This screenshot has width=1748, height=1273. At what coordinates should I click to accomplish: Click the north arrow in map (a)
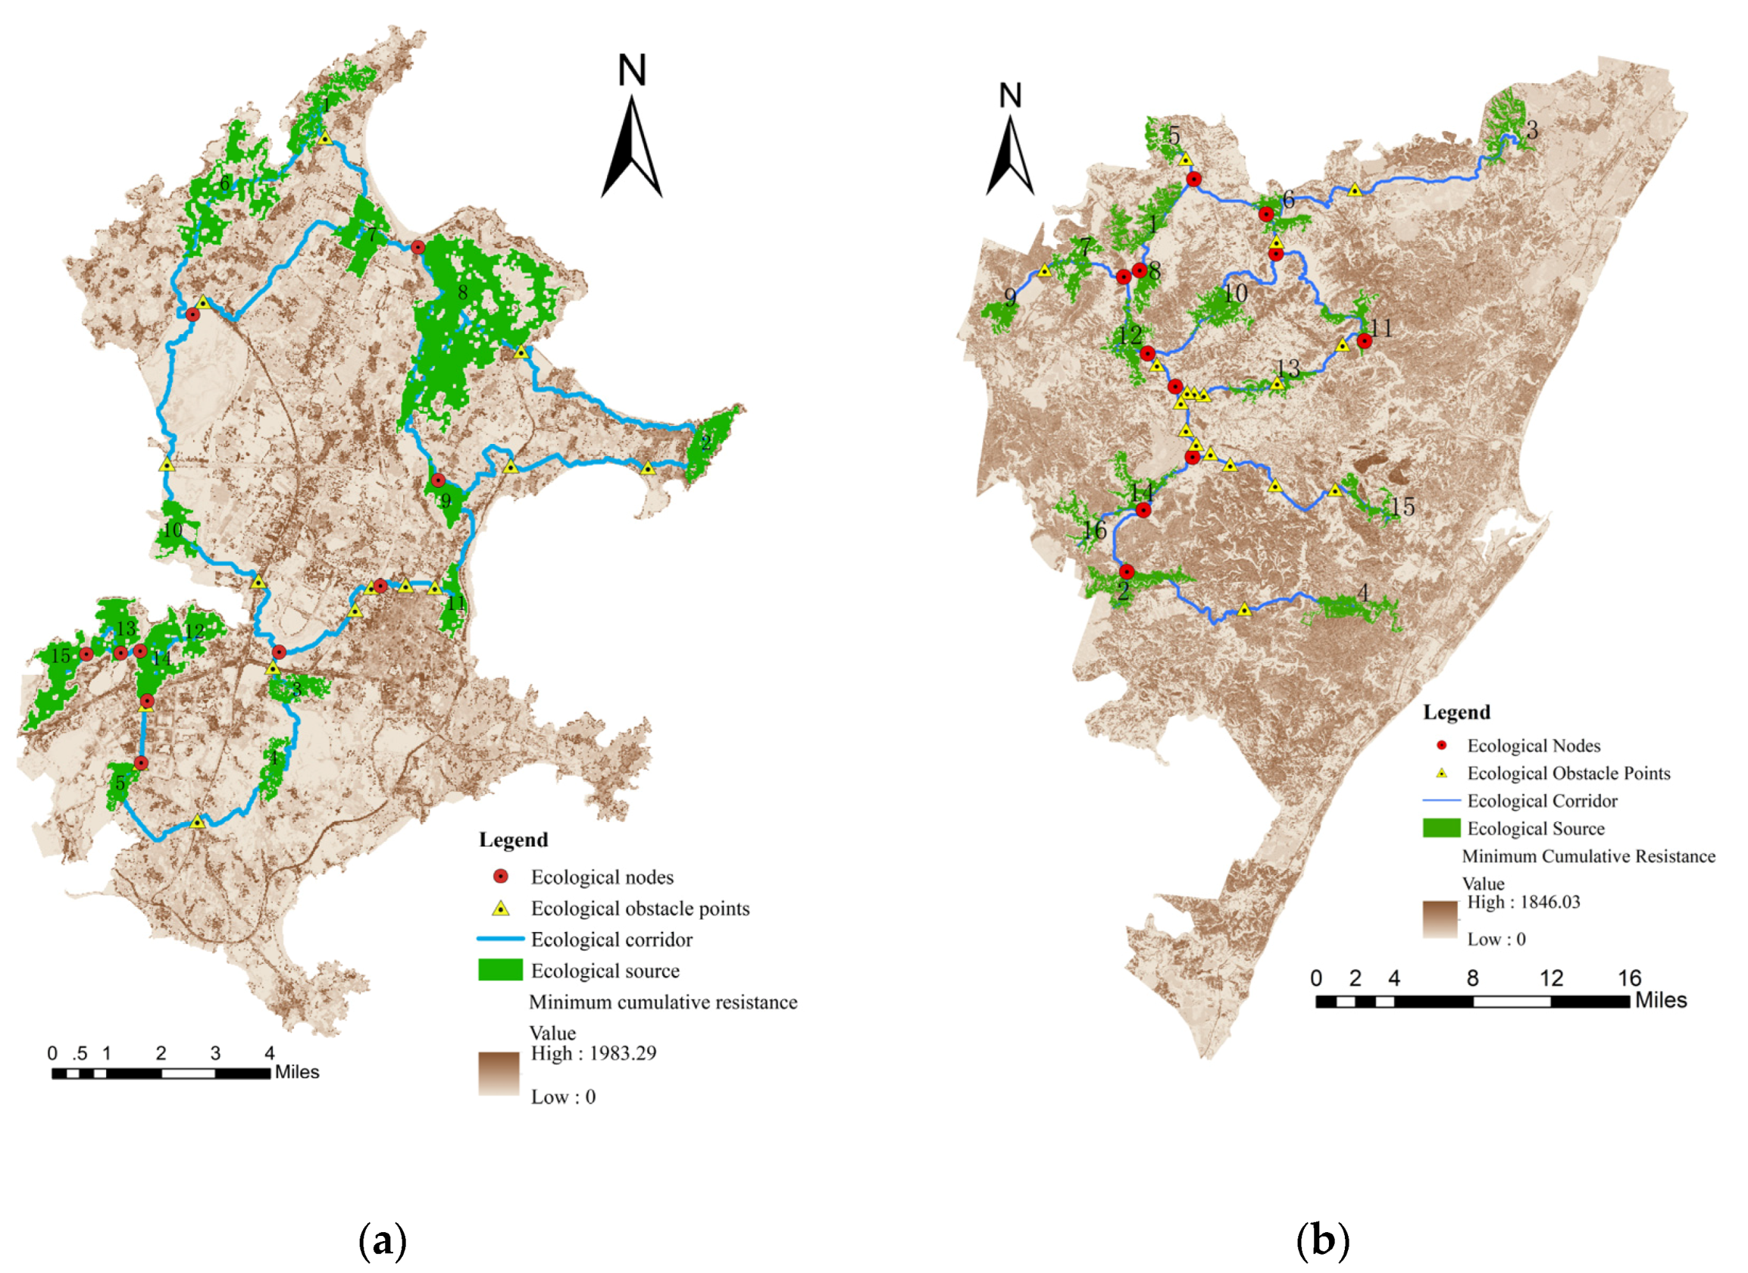[x=631, y=127]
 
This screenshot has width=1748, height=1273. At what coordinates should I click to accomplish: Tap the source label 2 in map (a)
[x=706, y=443]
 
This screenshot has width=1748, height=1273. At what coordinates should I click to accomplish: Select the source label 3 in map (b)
[x=1532, y=131]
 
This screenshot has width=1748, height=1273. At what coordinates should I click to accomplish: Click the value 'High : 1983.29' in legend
[x=593, y=1053]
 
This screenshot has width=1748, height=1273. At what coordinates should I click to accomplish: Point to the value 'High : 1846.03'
[x=1523, y=902]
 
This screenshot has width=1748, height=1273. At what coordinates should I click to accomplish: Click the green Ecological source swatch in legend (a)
[x=500, y=970]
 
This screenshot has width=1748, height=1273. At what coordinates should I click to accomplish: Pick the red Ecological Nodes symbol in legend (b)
[x=1441, y=746]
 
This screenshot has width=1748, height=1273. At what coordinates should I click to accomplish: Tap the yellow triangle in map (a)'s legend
[x=501, y=909]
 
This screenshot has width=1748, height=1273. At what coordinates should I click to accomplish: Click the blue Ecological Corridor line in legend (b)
[x=1441, y=802]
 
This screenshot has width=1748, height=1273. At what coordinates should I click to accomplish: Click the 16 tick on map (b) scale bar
[x=1629, y=979]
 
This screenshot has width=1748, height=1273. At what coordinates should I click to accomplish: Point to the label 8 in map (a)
[x=462, y=292]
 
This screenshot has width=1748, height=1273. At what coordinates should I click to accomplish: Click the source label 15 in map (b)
[x=1402, y=507]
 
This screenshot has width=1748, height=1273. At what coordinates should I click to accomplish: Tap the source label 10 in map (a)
[x=173, y=530]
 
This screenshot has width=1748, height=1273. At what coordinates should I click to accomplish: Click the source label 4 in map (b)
[x=1363, y=593]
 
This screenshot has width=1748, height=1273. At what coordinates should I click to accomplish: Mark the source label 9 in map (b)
[x=1011, y=297]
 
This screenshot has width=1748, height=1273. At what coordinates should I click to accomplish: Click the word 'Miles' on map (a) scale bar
[x=297, y=1073]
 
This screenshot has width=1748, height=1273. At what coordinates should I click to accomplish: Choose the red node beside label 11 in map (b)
[x=1364, y=340]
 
